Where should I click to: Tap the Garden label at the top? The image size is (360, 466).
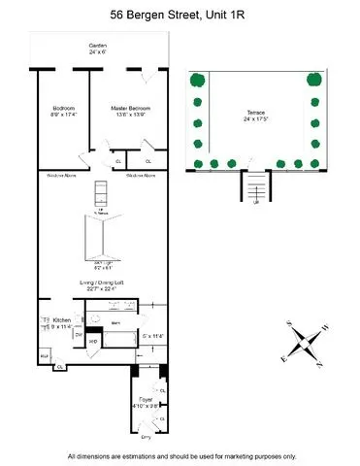98,48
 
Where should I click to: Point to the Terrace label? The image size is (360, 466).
256,115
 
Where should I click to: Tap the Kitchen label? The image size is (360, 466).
61,320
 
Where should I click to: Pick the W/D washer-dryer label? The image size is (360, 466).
94,341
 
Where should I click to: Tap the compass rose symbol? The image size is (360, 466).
310,341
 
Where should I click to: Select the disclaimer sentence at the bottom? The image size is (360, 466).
180,456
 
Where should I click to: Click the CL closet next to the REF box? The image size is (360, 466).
59,367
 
